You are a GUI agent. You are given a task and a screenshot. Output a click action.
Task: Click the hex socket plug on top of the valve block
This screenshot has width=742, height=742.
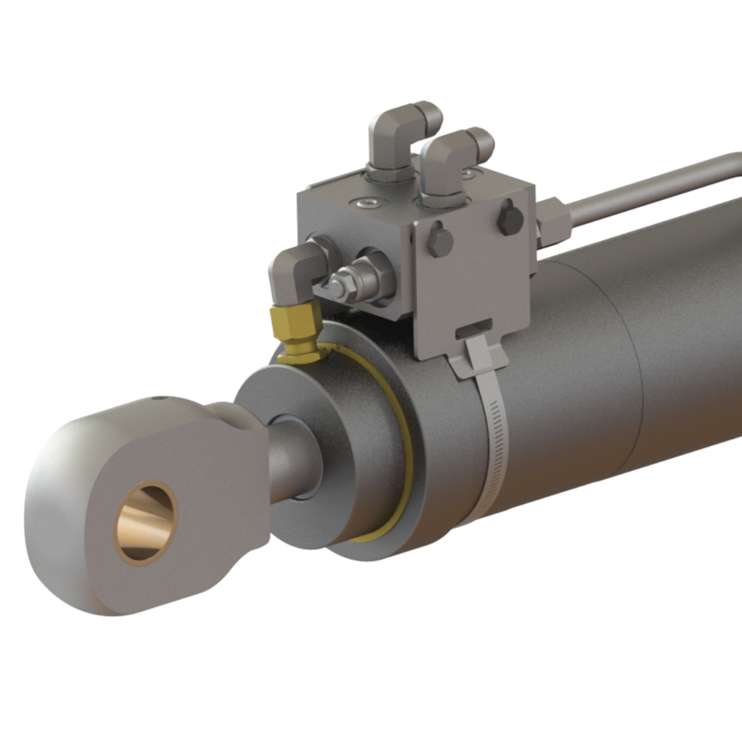click(x=366, y=205)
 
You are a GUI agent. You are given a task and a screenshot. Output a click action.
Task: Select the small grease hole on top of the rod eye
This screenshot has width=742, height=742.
click(x=160, y=399)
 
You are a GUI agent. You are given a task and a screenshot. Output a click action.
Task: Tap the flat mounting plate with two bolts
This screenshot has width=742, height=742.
click(x=476, y=281)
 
